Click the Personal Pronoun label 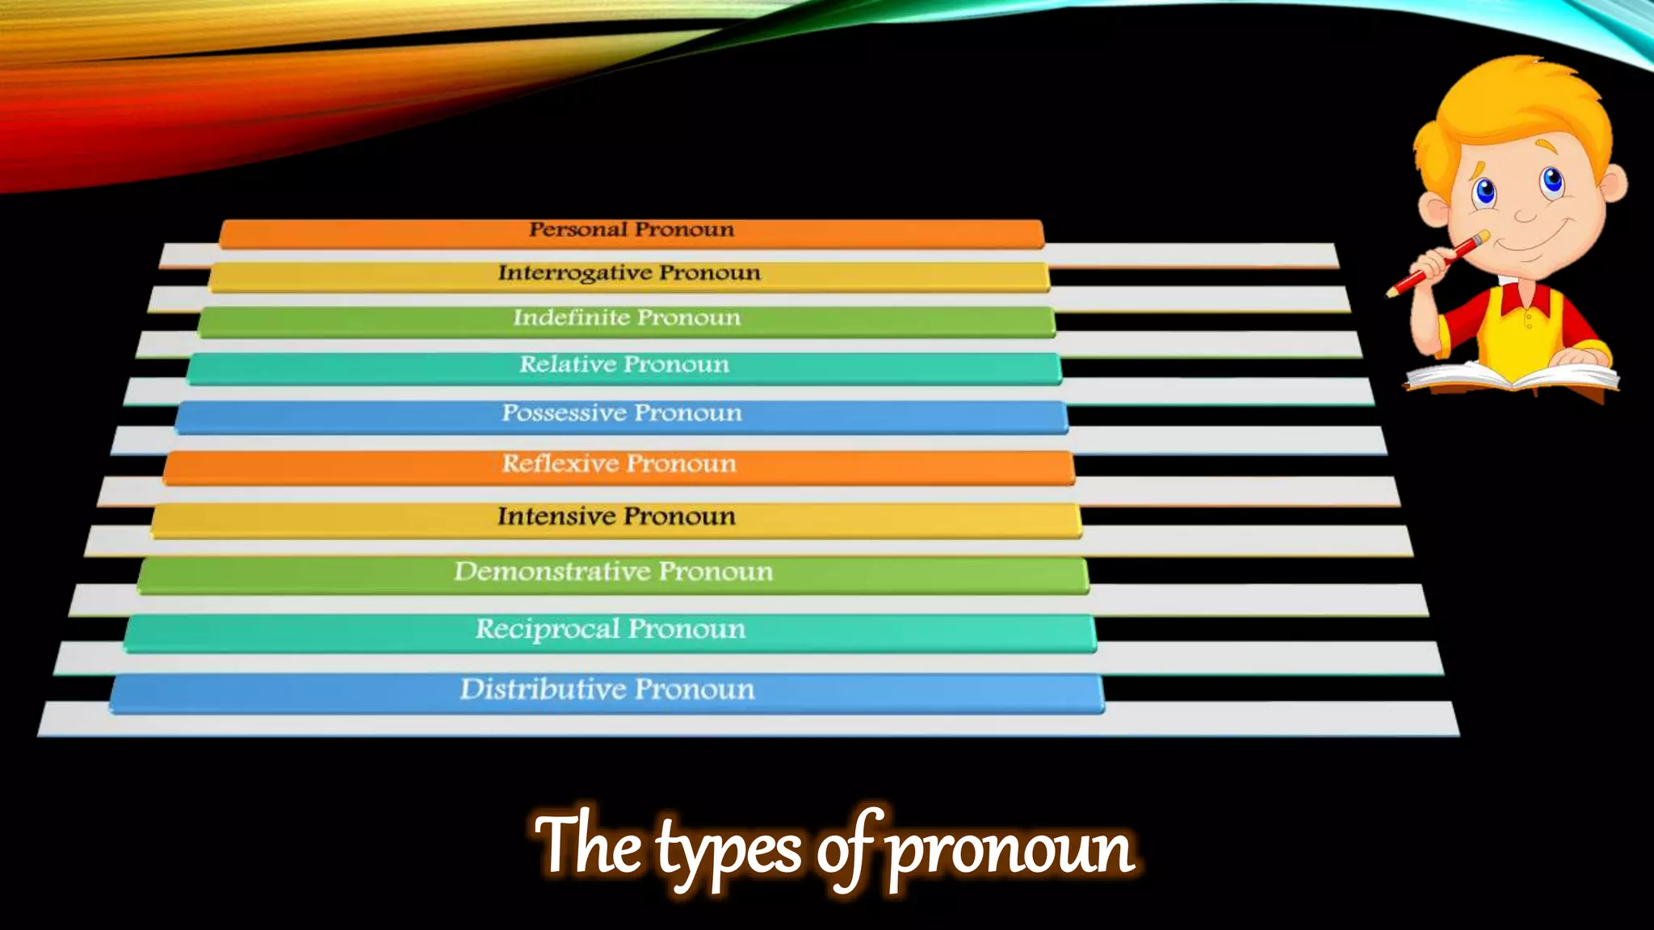(632, 230)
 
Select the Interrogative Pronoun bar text (629, 273)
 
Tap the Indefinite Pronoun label (627, 317)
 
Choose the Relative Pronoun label (624, 364)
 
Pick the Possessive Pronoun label (622, 413)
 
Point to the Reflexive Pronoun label (619, 463)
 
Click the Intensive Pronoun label (616, 516)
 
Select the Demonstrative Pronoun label (613, 572)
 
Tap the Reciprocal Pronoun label (610, 629)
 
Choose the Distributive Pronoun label (607, 689)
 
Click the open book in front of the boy (1510, 376)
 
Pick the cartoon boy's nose (1525, 215)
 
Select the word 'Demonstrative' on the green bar (552, 572)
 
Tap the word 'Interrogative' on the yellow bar (573, 273)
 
